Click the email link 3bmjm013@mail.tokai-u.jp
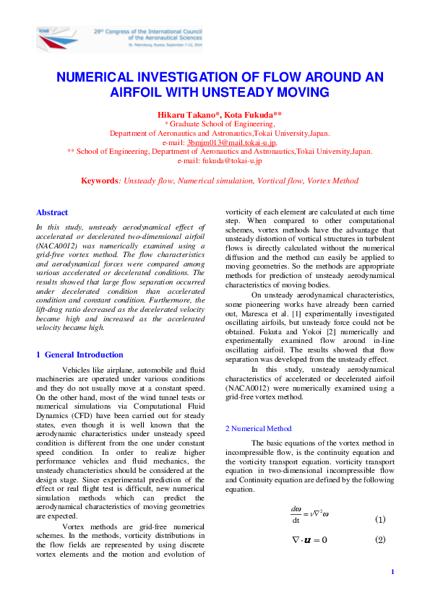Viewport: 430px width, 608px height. (231, 142)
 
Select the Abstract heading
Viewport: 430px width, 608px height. (52, 212)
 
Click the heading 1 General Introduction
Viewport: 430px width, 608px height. (79, 355)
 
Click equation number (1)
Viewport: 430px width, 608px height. (380, 519)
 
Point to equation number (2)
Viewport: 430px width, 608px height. (380, 539)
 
